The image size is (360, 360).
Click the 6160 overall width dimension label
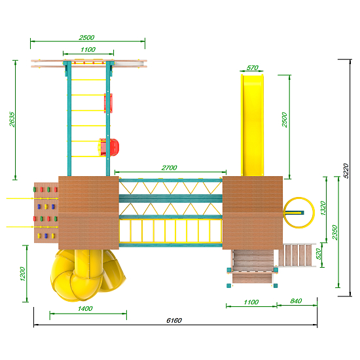[174, 320]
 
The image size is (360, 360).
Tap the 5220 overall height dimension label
[346, 171]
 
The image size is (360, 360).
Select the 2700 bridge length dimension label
[170, 168]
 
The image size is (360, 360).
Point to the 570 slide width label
[252, 67]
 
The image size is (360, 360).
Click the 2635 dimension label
[12, 119]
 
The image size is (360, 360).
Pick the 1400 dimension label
[85, 308]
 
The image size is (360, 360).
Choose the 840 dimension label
[296, 301]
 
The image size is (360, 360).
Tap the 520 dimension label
[319, 254]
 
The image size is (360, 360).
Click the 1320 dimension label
[323, 208]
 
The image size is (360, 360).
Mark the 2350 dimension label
[335, 232]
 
